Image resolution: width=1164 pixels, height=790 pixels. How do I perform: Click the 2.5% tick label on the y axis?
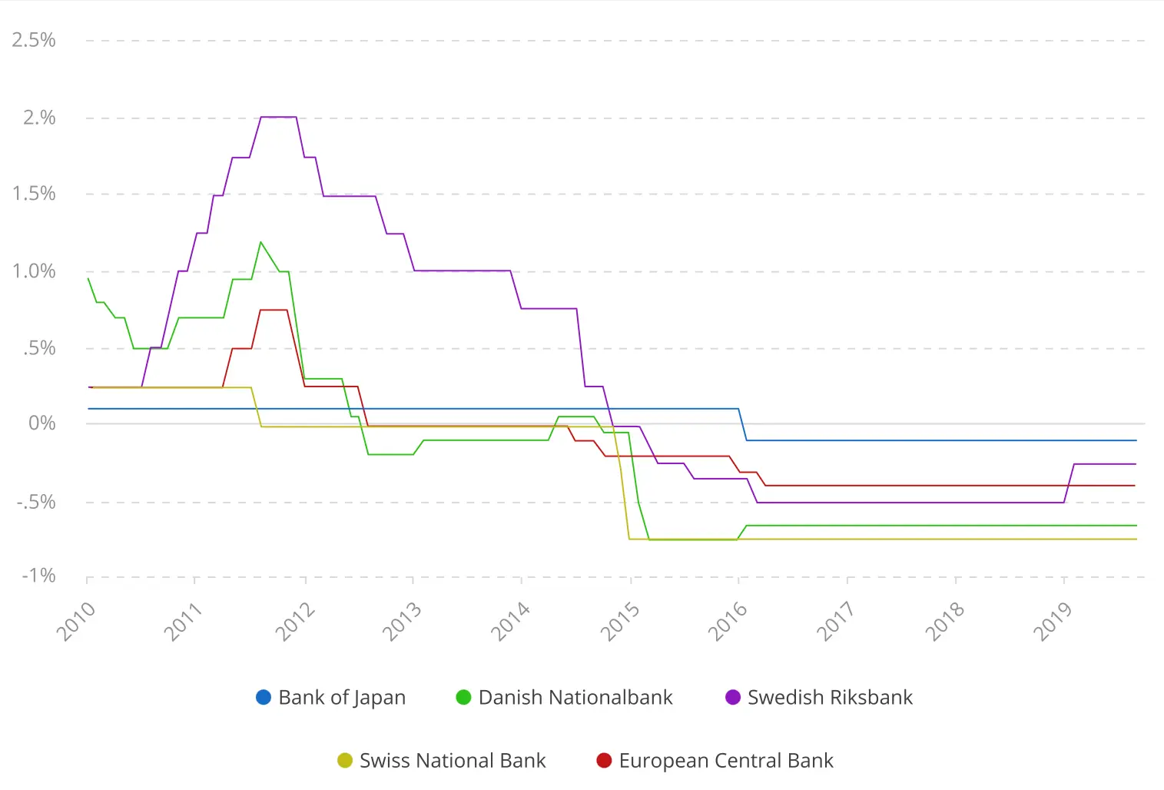point(34,40)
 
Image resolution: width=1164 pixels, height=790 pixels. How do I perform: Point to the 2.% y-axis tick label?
point(39,118)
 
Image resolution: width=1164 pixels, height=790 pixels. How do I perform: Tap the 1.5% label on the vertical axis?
point(34,194)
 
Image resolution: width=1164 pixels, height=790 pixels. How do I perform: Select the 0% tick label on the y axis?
point(42,423)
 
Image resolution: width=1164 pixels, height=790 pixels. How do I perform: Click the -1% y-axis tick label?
point(38,576)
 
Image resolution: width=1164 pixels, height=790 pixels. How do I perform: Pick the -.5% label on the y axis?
point(36,502)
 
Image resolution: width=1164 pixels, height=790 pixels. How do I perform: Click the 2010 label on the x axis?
point(75,621)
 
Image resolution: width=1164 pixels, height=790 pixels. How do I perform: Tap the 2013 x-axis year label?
point(402,621)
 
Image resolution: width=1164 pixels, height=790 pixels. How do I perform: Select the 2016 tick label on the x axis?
point(728,621)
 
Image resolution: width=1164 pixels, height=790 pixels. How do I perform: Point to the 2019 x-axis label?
point(1053,621)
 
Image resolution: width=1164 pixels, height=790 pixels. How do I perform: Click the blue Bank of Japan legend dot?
point(264,697)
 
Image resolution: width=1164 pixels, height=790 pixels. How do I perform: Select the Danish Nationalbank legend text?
point(575,697)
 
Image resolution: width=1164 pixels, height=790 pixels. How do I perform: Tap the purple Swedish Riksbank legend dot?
point(733,697)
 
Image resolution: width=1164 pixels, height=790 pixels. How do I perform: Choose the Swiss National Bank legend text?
point(452,760)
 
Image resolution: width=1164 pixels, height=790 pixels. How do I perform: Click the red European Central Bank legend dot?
point(604,760)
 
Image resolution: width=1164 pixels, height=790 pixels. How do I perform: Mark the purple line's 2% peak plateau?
point(278,117)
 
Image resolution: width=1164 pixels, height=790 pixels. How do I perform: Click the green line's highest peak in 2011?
point(261,242)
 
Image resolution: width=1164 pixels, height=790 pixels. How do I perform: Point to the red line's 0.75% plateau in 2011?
point(274,310)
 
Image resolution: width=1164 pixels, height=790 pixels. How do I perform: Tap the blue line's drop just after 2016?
point(743,425)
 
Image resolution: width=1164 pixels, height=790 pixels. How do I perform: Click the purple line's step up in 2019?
point(1069,483)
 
